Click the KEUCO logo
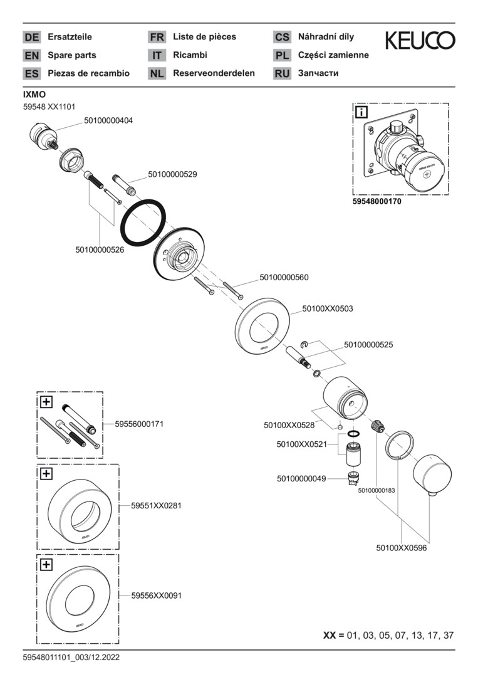point(420,41)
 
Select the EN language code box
point(31,55)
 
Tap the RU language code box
point(282,73)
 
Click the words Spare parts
point(72,55)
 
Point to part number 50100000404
point(108,120)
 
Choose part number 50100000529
point(172,175)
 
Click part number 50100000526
point(100,249)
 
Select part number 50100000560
point(284,277)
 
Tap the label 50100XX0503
point(327,308)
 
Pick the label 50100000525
point(368,345)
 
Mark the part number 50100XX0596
point(402,547)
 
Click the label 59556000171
point(139,424)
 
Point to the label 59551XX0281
point(156,505)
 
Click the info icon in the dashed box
point(361,112)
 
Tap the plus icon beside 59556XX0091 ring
point(46,564)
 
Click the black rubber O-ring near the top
point(143,224)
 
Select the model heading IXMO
point(34,94)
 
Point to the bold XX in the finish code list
point(330,635)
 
